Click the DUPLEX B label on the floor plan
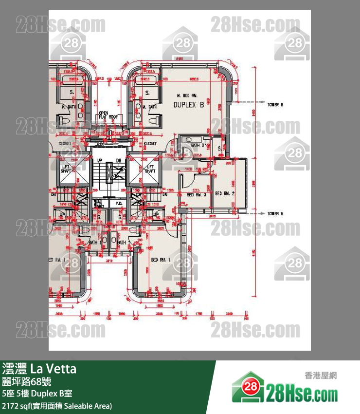pyautogui.click(x=188, y=105)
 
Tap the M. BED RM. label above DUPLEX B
pyautogui.click(x=185, y=95)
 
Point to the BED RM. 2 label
pyautogui.click(x=225, y=194)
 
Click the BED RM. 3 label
pyautogui.click(x=197, y=194)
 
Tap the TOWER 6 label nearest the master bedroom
pyautogui.click(x=275, y=104)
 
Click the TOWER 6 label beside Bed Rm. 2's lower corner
pyautogui.click(x=275, y=213)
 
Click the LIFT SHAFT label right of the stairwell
pyautogui.click(x=150, y=169)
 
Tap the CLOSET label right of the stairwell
pyautogui.click(x=150, y=144)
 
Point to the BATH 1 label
pyautogui.click(x=95, y=242)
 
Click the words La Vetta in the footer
pyautogui.click(x=54, y=369)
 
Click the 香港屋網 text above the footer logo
pyautogui.click(x=320, y=376)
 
